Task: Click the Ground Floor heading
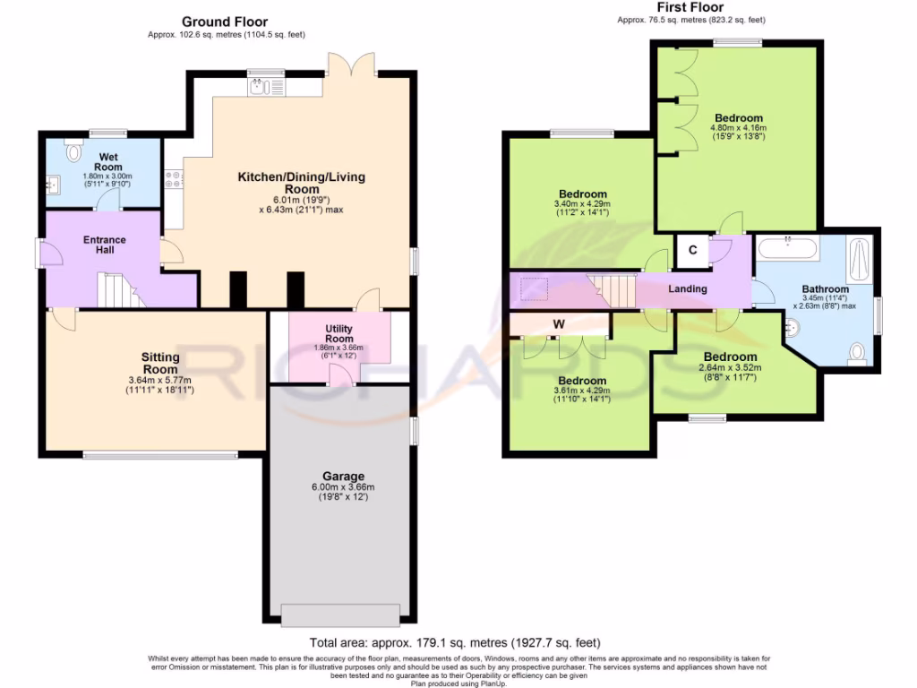225,21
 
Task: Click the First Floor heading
690,7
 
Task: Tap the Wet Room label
108,161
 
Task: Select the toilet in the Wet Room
73,151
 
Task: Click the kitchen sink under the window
267,88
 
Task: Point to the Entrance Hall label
105,245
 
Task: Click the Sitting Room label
160,363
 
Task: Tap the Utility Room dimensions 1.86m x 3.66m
339,348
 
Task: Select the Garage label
343,477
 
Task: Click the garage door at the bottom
341,615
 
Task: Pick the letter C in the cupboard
692,250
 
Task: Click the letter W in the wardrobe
559,324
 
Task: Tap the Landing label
688,288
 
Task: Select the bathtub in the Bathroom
788,248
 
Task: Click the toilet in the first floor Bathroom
857,354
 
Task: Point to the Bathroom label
825,289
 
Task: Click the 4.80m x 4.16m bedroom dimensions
738,128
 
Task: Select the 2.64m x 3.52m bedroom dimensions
731,368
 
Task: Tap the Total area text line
455,643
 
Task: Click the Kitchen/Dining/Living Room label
301,183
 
